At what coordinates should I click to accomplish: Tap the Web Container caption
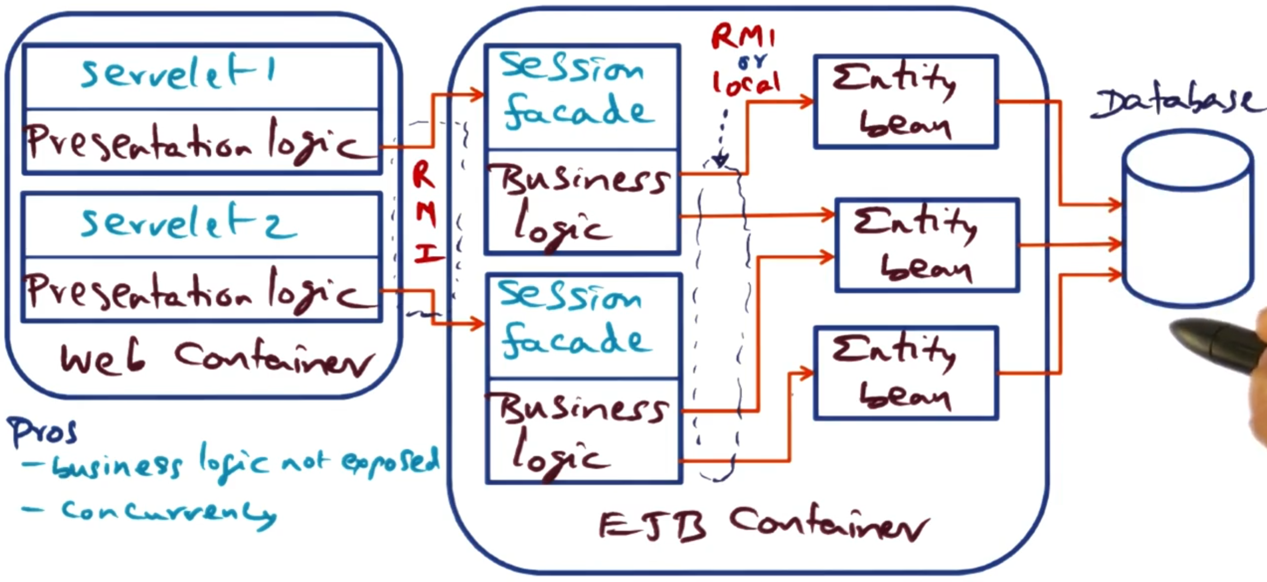(x=217, y=358)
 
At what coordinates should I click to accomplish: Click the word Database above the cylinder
(x=1174, y=103)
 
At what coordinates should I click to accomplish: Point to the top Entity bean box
(x=905, y=101)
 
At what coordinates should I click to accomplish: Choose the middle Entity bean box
(x=927, y=245)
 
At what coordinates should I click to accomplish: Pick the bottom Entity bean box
(x=905, y=373)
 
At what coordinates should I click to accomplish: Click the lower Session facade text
(x=575, y=322)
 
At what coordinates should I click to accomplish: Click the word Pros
(x=43, y=432)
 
